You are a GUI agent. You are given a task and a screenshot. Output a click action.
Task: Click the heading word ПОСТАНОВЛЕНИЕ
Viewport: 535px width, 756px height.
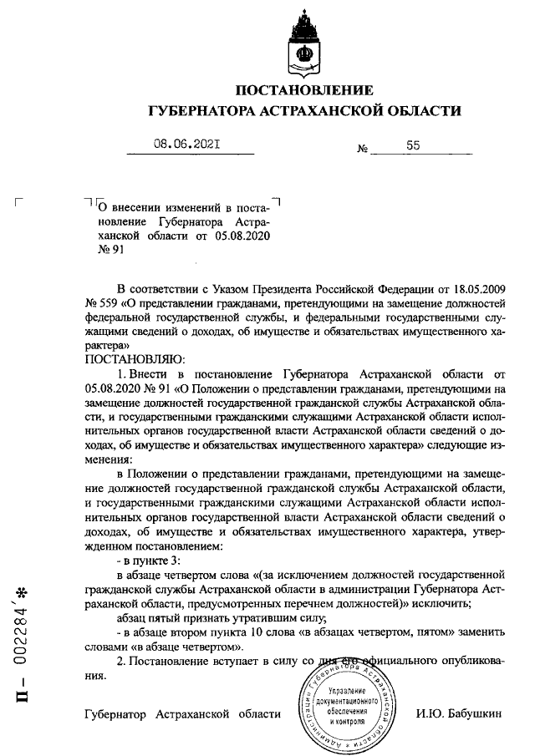pyautogui.click(x=304, y=90)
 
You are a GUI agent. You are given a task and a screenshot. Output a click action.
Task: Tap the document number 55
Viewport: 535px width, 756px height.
pyautogui.click(x=412, y=145)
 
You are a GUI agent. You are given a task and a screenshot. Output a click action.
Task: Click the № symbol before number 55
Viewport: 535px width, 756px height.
pyautogui.click(x=363, y=149)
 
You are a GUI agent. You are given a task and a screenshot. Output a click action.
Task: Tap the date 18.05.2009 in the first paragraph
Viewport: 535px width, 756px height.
pyautogui.click(x=475, y=288)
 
